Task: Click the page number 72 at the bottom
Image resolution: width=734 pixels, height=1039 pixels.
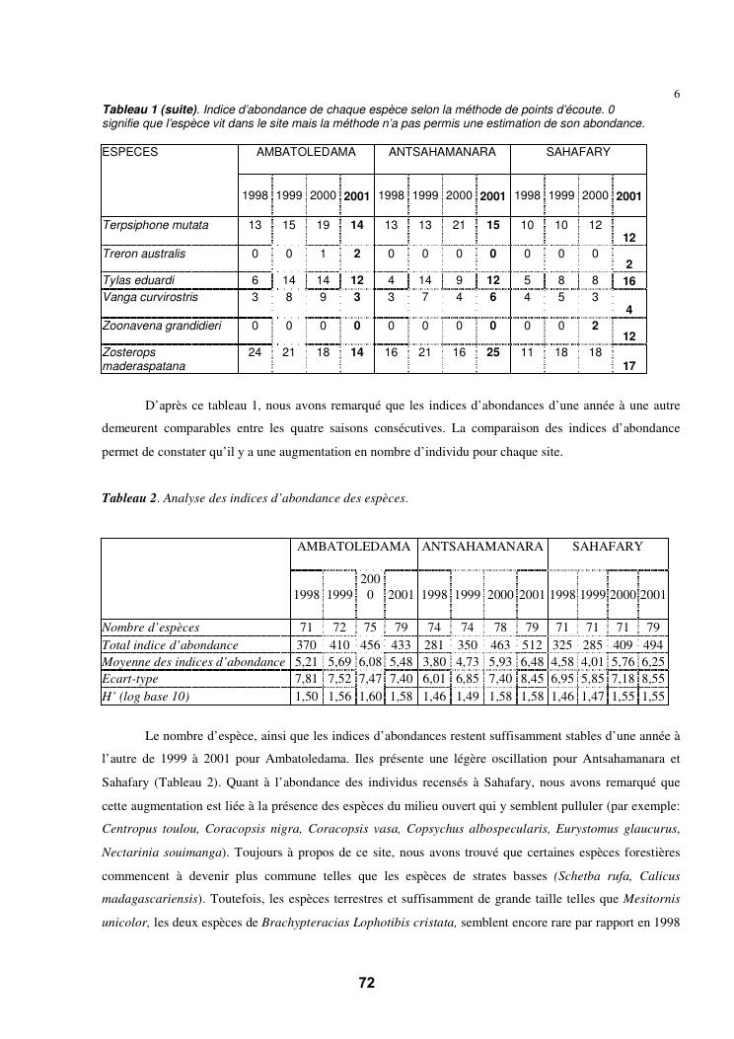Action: [366, 983]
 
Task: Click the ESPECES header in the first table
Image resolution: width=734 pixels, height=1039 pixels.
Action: [130, 152]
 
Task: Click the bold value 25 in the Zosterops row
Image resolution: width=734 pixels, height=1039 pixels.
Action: [492, 351]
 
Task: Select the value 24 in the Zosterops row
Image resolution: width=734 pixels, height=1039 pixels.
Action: [255, 351]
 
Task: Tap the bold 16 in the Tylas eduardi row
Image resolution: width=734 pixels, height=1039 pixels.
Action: [628, 281]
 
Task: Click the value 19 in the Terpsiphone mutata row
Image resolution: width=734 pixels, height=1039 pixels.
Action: [323, 225]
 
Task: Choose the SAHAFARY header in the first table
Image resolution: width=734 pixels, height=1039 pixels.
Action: [578, 152]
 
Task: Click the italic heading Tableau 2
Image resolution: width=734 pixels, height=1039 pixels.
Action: [129, 497]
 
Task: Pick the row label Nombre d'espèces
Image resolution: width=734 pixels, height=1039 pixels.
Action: [151, 627]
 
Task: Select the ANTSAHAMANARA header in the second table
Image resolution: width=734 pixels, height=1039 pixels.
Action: [482, 546]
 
